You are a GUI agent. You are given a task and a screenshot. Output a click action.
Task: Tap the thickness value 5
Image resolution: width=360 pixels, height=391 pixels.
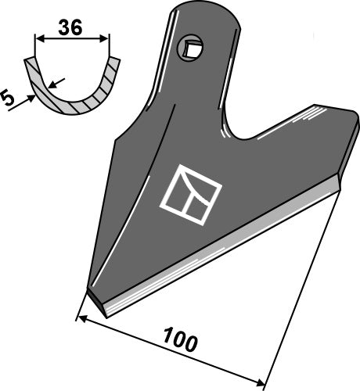tap(9, 99)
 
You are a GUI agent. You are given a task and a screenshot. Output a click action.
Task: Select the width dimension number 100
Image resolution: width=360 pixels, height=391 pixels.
tap(179, 343)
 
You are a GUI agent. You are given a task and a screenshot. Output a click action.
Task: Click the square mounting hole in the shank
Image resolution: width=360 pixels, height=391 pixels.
tap(189, 50)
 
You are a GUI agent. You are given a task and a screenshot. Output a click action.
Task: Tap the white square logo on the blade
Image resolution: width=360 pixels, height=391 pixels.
tap(190, 191)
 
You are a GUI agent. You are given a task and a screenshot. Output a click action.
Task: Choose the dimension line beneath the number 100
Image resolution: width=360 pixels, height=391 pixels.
tap(172, 351)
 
